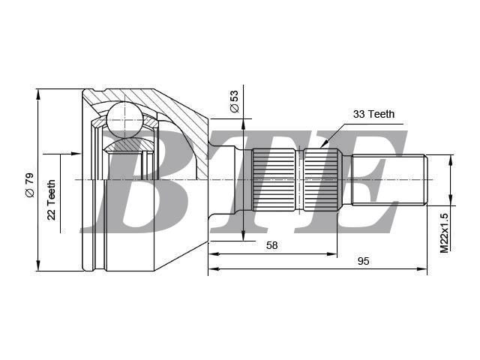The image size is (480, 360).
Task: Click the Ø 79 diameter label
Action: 30,185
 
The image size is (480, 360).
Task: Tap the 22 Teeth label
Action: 52,199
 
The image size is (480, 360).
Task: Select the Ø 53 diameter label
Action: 234,102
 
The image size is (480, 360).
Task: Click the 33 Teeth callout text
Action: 373,114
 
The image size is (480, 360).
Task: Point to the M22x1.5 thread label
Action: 444,232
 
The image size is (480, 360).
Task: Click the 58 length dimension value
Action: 271,245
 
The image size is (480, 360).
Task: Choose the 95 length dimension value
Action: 363,261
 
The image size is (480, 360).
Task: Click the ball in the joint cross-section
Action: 125,118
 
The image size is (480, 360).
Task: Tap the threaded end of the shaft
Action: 388,180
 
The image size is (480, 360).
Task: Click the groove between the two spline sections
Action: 299,180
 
